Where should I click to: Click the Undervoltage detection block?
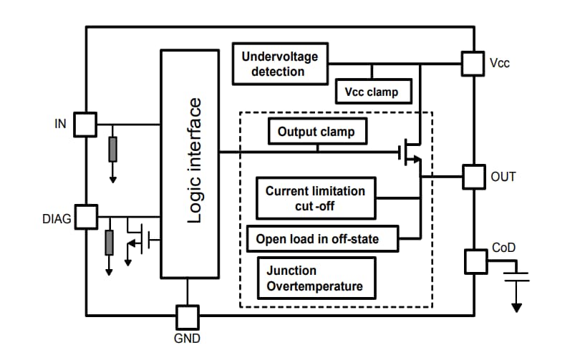280,64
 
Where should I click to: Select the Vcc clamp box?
367,92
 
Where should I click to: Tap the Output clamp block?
316,132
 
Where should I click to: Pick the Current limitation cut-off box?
315,198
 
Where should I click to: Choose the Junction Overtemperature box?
315,279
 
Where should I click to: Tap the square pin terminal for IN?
86,124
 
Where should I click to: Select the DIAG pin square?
86,216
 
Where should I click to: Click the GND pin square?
188,316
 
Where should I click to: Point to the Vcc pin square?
473,63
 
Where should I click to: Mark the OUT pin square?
473,177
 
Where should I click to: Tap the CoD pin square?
475,261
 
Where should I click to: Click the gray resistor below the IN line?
112,149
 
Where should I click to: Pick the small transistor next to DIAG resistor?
139,238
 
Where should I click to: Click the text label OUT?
503,177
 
